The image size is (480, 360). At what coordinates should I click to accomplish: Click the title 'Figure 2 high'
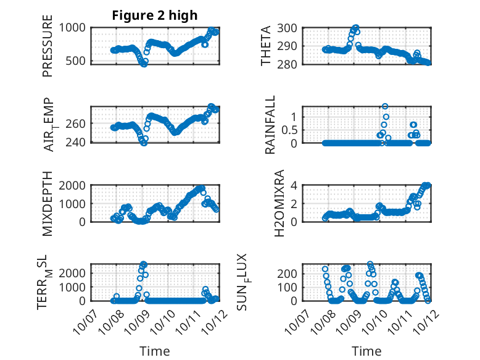pyautogui.click(x=155, y=15)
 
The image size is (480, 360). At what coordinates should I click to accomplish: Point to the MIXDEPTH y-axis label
pyautogui.click(x=48, y=204)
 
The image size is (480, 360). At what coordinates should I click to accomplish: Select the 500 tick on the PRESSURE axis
pyautogui.click(x=80, y=62)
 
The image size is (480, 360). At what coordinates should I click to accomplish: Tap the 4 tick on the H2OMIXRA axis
pyautogui.click(x=295, y=185)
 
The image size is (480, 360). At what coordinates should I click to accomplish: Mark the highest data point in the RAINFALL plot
pyautogui.click(x=385, y=107)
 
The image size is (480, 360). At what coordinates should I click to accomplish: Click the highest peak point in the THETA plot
pyautogui.click(x=355, y=28)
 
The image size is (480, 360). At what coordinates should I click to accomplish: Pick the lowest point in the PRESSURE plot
pyautogui.click(x=144, y=64)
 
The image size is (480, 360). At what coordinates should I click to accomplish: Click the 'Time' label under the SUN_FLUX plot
pyautogui.click(x=366, y=351)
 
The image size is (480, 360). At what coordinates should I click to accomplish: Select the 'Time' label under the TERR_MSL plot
pyautogui.click(x=155, y=351)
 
